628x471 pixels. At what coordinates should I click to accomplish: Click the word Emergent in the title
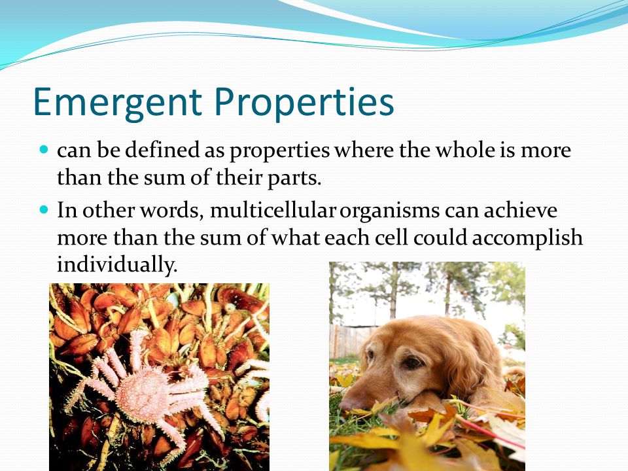pyautogui.click(x=117, y=103)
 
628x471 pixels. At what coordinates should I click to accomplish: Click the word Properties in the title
pyautogui.click(x=304, y=103)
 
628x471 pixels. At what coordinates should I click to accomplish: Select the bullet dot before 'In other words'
pyautogui.click(x=44, y=209)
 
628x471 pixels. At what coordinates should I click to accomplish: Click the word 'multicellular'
pyautogui.click(x=272, y=210)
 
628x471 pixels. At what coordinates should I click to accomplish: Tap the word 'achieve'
pyautogui.click(x=520, y=210)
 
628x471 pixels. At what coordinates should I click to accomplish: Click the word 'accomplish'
pyautogui.click(x=527, y=238)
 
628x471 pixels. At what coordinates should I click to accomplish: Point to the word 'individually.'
pyautogui.click(x=117, y=265)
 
